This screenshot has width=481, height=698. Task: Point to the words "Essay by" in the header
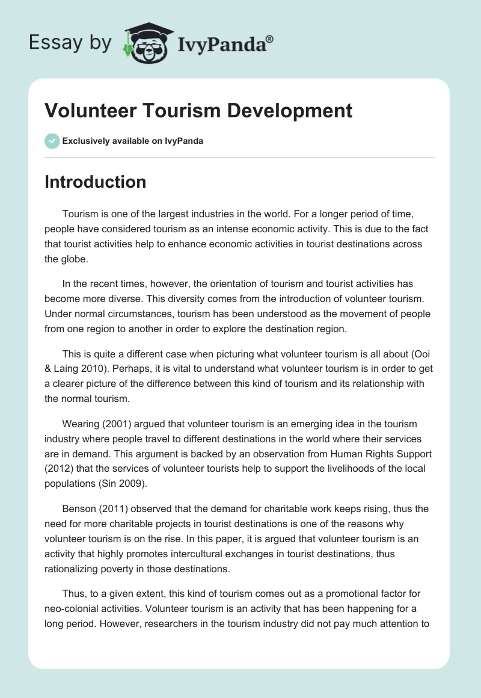coord(70,43)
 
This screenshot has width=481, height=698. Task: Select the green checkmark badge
coord(52,141)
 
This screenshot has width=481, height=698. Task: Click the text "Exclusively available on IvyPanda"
coord(132,141)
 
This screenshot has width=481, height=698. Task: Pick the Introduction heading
coord(95,182)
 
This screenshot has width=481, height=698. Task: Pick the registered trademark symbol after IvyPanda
coord(271,39)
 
